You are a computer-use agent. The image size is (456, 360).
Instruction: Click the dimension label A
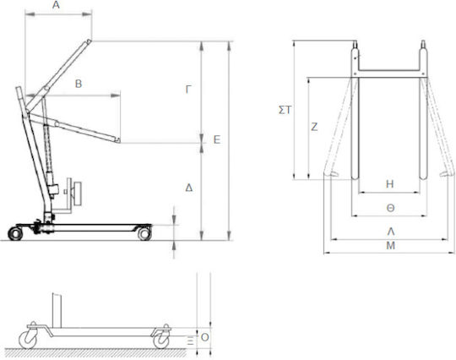[x=56, y=5]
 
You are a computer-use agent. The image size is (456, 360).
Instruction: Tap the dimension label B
[x=79, y=84]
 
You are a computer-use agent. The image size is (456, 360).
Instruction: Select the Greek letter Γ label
[x=188, y=90]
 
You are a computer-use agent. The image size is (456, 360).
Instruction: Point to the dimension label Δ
[x=189, y=188]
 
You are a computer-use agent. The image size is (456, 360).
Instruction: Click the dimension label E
[x=217, y=139]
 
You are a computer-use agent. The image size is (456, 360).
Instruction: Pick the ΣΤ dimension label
[x=285, y=110]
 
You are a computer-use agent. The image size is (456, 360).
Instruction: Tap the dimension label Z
[x=314, y=127]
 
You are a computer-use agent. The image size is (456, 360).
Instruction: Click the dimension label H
[x=389, y=184]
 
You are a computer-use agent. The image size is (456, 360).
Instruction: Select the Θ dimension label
[x=390, y=208]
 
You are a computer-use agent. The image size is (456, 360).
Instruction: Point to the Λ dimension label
[x=391, y=232]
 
